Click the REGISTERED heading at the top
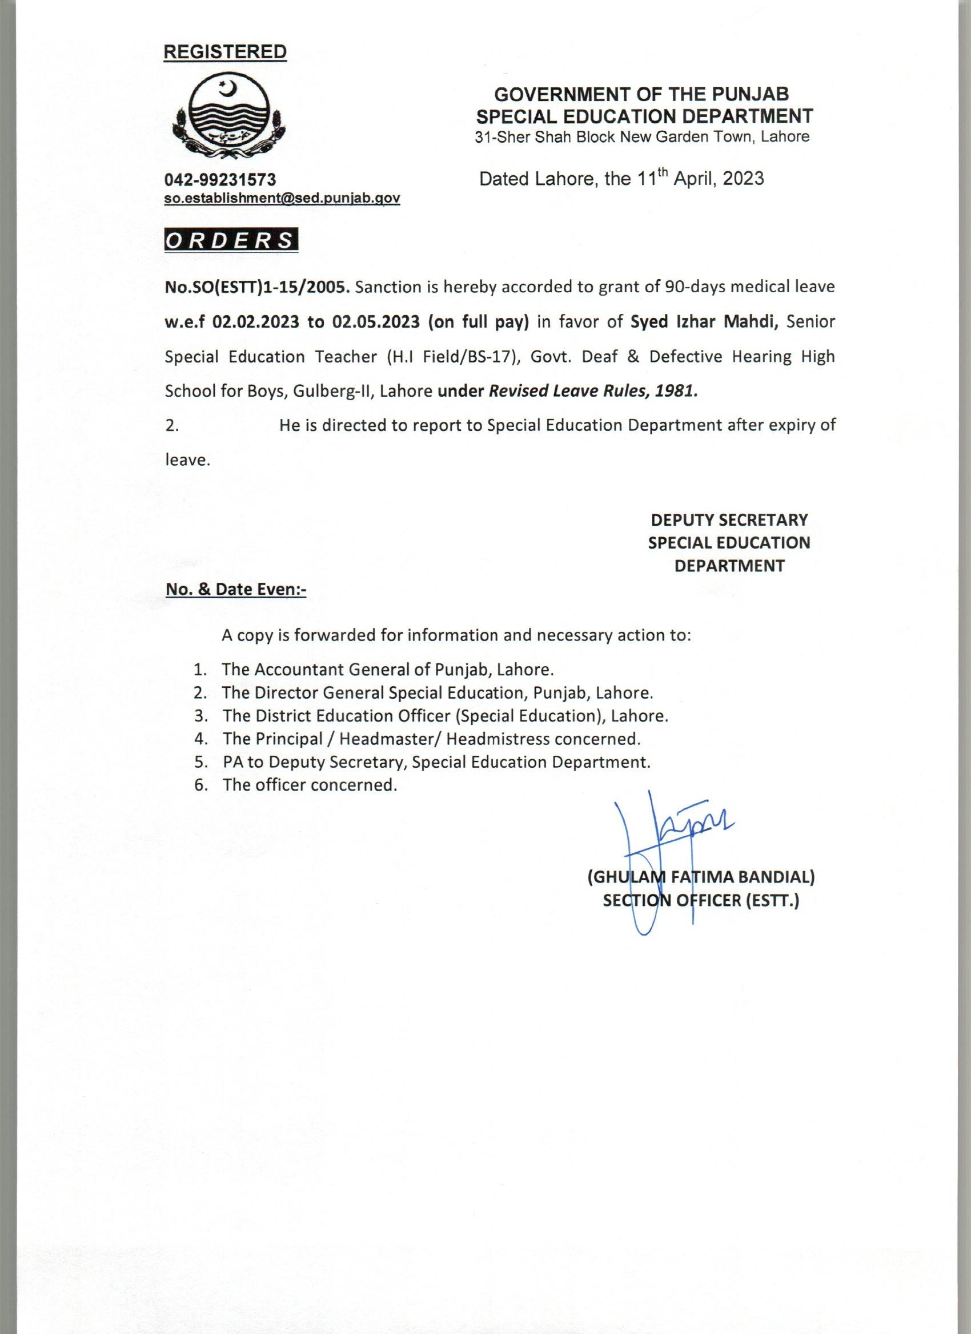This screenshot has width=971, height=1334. [225, 53]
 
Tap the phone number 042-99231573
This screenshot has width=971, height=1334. [220, 179]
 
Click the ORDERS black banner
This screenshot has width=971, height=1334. [231, 240]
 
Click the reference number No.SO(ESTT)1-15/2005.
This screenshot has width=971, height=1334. [258, 288]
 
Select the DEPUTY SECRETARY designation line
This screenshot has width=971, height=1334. [729, 520]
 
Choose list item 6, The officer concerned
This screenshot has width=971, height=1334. [310, 785]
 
